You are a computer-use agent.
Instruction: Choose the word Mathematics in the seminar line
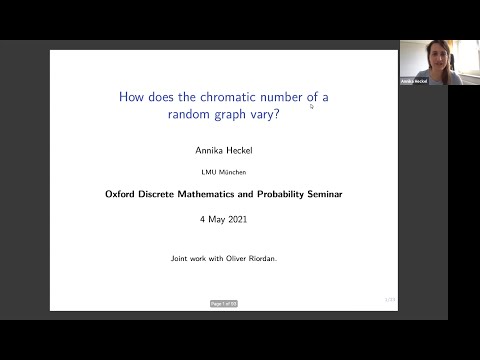click(204, 194)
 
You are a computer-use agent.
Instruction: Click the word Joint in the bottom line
click(181, 258)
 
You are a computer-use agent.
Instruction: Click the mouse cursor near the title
click(312, 105)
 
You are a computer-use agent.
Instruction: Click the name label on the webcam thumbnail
click(414, 81)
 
